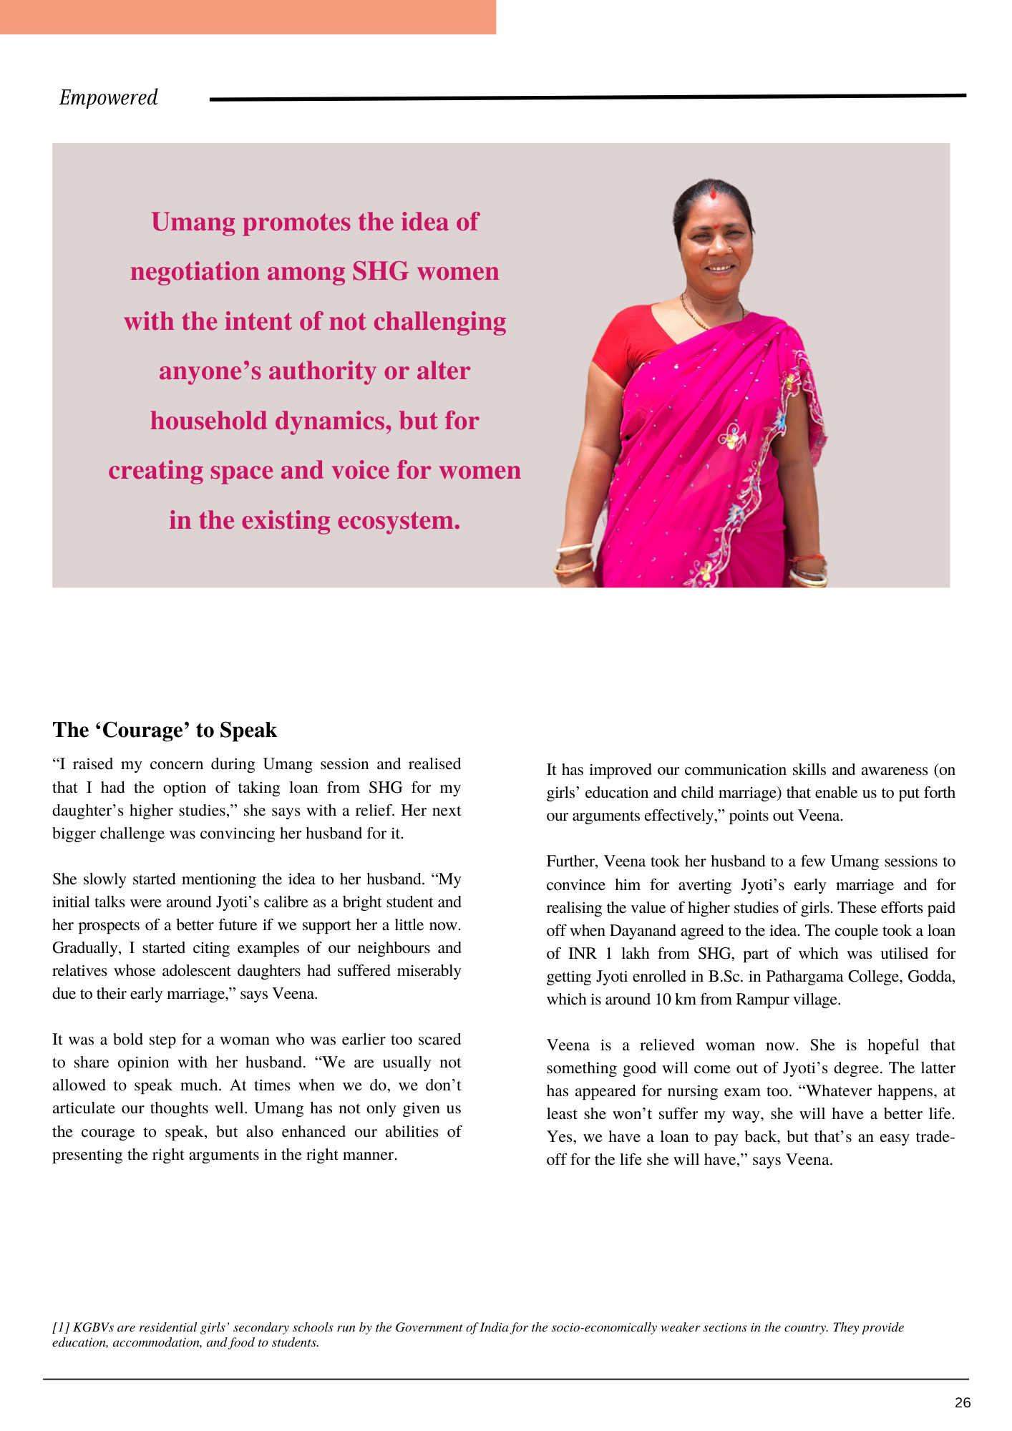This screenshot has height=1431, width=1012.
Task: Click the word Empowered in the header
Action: [x=108, y=97]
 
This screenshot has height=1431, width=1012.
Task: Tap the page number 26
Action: [x=963, y=1402]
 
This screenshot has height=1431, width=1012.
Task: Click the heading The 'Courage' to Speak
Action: [x=165, y=730]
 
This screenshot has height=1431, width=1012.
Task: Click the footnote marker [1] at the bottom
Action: [x=60, y=1327]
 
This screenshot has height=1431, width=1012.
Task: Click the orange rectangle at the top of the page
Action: [x=248, y=16]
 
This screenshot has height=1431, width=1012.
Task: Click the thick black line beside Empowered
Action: [x=587, y=97]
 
